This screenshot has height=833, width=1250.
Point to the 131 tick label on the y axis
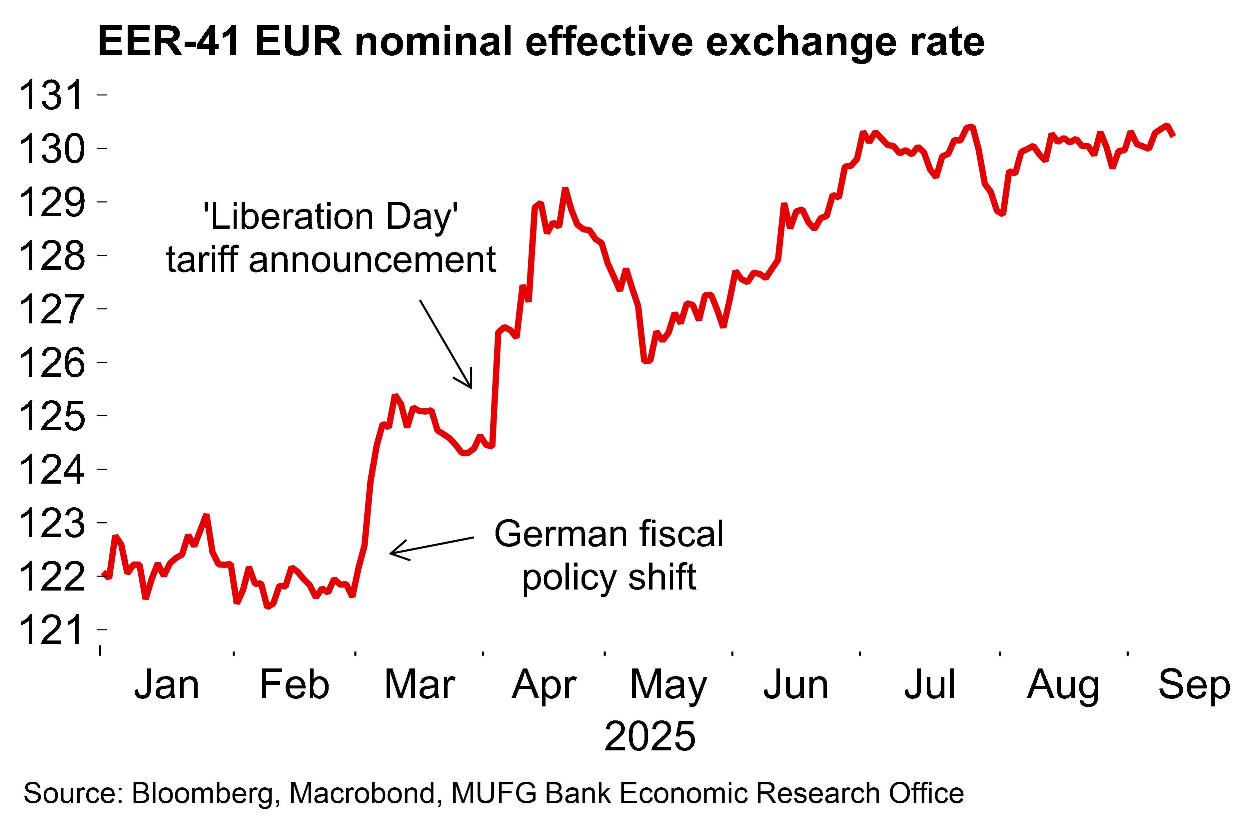click(52, 96)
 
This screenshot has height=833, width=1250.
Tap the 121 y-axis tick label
click(52, 630)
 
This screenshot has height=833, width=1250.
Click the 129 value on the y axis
click(52, 203)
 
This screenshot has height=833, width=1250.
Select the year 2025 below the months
click(649, 736)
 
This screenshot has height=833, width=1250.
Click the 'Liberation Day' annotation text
click(331, 217)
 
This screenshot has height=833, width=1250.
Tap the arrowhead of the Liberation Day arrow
click(470, 386)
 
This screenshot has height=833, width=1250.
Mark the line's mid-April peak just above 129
click(566, 190)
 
